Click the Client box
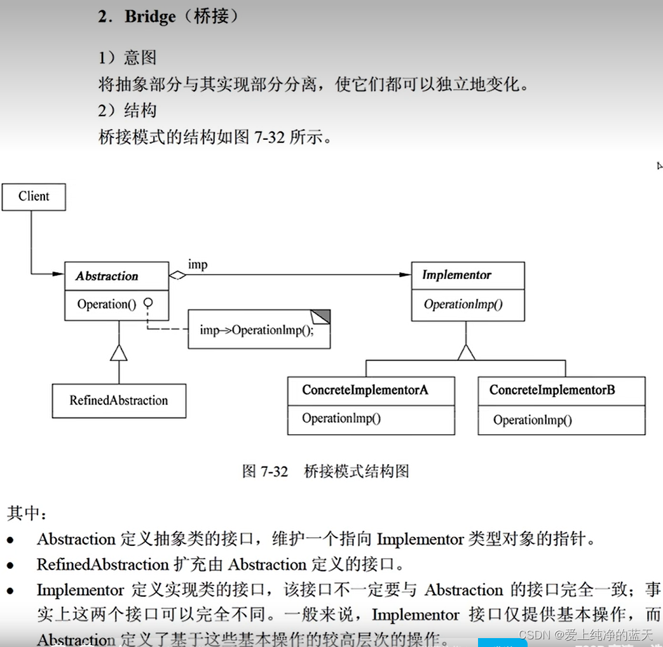pos(34,196)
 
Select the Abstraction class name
pos(107,276)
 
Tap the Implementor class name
pos(456,275)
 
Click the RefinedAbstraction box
pos(119,400)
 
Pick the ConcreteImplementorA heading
pos(365,390)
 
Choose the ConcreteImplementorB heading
pos(552,390)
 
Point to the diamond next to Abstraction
pos(177,275)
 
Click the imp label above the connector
pos(197,264)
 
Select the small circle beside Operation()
pos(147,303)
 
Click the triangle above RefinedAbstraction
pos(118,351)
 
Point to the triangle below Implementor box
pos(467,351)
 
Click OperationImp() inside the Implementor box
pos(463,304)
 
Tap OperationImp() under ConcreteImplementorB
pos(532,419)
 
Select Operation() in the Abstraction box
pos(106,304)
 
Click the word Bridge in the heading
pos(150,17)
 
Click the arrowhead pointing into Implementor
pos(405,275)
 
